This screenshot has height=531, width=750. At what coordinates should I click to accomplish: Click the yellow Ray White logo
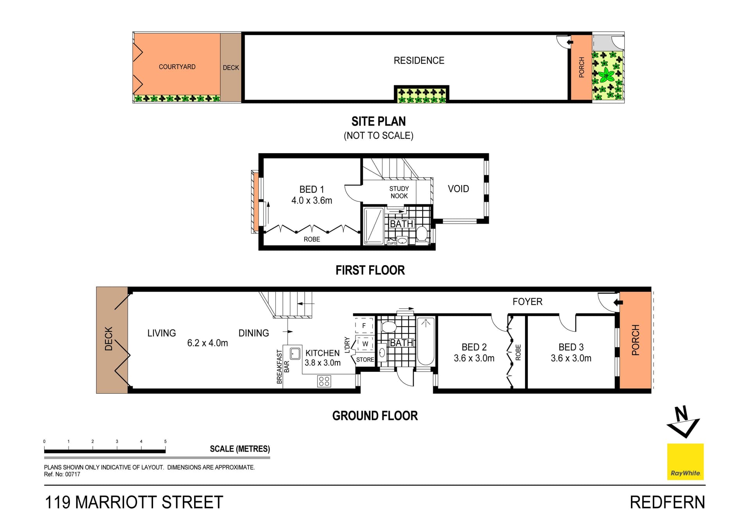coord(685,461)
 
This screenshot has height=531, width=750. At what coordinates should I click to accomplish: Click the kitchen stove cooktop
coord(324,381)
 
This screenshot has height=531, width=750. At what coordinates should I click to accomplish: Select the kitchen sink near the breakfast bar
coord(295,353)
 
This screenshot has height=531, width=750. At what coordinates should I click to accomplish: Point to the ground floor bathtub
coord(426,341)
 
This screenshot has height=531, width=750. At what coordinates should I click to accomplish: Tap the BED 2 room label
coord(474,347)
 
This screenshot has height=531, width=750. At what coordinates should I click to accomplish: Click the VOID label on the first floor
coord(458,189)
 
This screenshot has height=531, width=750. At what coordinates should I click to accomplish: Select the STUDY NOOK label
coord(399,192)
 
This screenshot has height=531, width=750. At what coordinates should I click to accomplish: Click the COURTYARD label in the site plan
coord(177,67)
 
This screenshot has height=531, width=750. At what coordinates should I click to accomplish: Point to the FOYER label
coord(527,301)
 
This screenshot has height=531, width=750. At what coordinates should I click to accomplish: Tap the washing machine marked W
coord(365,344)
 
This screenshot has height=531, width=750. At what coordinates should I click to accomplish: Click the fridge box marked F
coord(364,325)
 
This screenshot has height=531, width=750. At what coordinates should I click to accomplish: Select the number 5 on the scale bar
coord(165,441)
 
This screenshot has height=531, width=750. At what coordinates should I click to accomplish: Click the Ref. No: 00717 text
coord(62,474)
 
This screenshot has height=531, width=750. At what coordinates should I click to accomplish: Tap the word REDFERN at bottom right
coord(668,502)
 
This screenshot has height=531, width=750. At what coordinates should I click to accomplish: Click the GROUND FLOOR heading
coord(375,416)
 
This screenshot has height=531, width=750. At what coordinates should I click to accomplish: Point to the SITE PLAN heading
coord(379,122)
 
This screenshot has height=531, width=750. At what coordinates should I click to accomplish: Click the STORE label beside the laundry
coord(365,360)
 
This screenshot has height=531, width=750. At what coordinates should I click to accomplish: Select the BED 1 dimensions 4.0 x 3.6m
coord(312,201)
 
